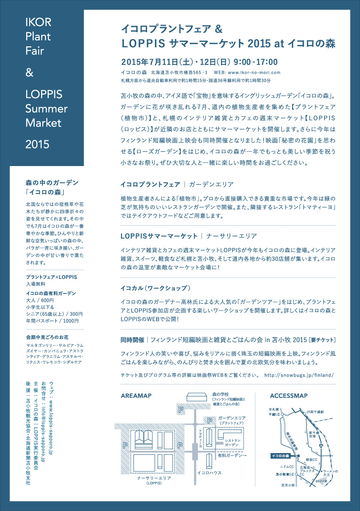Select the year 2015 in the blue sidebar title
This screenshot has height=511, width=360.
(x=38, y=144)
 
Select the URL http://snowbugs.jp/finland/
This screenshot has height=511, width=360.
(x=299, y=375)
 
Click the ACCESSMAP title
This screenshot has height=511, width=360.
(x=289, y=395)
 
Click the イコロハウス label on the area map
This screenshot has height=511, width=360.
(x=209, y=472)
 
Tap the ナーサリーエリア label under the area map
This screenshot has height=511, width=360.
(x=154, y=478)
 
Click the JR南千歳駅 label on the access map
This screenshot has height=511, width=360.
(x=318, y=411)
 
